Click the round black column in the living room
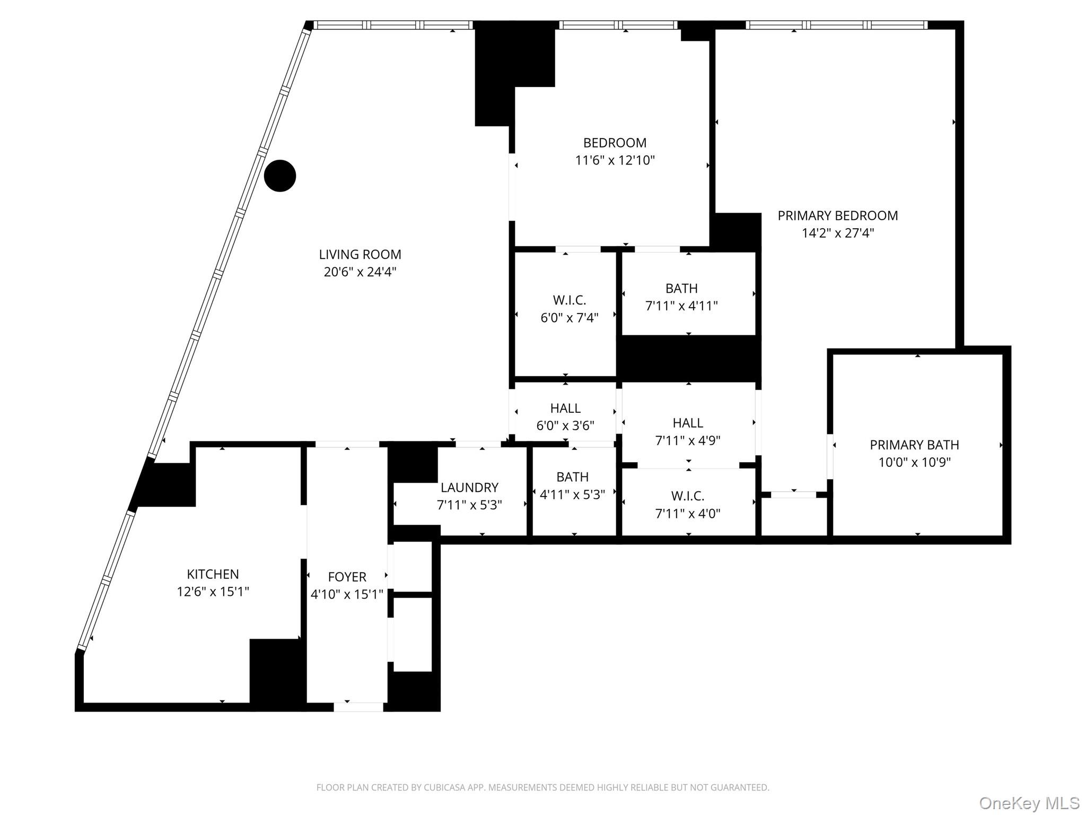(279, 176)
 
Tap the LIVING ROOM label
(360, 255)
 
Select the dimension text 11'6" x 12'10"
(615, 160)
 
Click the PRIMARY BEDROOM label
(837, 215)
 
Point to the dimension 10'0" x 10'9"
(914, 462)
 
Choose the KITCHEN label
(213, 574)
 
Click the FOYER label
(347, 577)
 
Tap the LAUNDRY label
(469, 488)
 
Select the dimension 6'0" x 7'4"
(569, 318)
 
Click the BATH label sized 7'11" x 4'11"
(681, 289)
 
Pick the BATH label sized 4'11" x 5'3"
(572, 477)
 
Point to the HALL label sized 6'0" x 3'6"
(565, 409)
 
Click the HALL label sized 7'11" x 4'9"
(688, 423)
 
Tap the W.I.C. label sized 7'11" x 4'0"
(688, 496)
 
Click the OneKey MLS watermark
(1029, 803)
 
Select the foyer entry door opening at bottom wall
(358, 707)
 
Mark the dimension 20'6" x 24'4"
(360, 272)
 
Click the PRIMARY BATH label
(914, 445)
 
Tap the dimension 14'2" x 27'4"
(837, 233)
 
